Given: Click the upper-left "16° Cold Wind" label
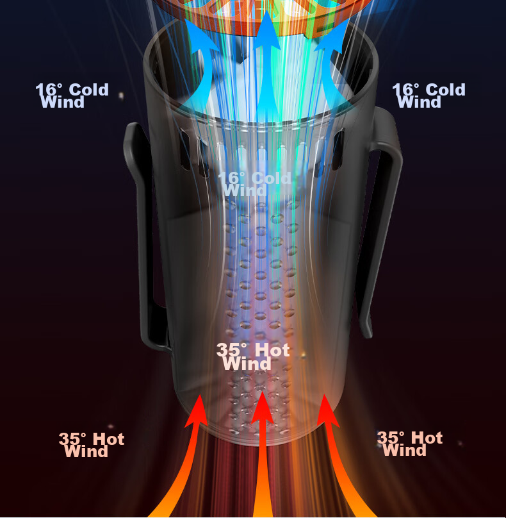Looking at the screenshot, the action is (72, 96).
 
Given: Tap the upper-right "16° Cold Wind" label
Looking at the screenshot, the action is (428, 96).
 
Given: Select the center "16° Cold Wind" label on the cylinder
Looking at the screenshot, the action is (254, 184).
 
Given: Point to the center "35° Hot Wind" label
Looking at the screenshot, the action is (253, 356).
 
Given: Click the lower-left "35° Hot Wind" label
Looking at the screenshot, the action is (92, 445).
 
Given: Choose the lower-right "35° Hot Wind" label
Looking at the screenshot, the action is (410, 444).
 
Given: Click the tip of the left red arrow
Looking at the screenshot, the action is (199, 395).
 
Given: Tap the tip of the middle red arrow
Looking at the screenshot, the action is (262, 392).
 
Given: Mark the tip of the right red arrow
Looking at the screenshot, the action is (324, 395).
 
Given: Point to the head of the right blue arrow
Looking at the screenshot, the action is (332, 37).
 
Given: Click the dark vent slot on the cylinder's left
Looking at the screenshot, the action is (185, 149).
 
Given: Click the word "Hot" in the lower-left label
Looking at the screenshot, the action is (109, 439).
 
